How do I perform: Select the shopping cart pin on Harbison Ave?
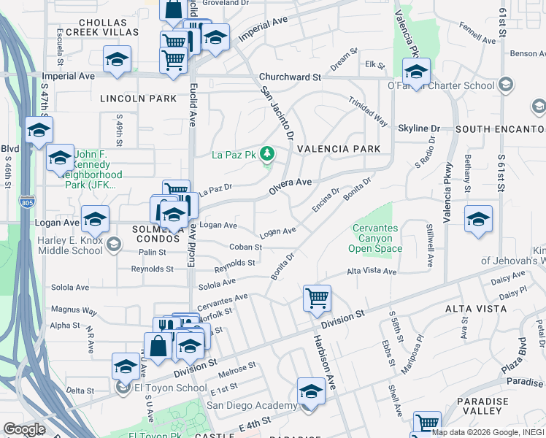[317, 298]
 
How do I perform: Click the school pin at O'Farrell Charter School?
[416, 72]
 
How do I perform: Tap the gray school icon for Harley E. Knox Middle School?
[113, 245]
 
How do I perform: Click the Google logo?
[24, 429]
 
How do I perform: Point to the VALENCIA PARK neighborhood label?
[338, 148]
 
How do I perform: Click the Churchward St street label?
[291, 77]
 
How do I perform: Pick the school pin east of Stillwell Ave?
[478, 220]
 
